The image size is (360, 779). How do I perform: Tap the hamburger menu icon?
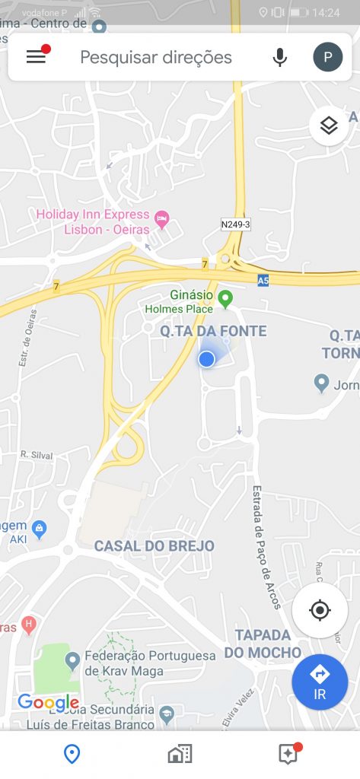[x=37, y=56]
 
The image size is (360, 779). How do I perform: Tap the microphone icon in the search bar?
[x=281, y=57]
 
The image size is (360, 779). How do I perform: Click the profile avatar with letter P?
[x=328, y=57]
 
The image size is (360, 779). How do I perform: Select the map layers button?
[x=329, y=126]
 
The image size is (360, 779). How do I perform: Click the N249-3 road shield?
[x=235, y=224]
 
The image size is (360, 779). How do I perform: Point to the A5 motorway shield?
[x=263, y=281]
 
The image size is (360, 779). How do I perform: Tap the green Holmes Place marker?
[x=225, y=299]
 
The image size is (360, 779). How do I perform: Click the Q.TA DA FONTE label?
[x=213, y=331]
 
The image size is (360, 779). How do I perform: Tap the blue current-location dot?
[x=206, y=359]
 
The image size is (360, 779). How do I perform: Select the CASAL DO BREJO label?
[x=155, y=546]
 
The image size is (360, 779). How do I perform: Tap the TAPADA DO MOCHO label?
[x=263, y=643]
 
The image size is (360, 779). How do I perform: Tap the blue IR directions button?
[x=320, y=682]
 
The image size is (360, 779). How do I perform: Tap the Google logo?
[x=48, y=702]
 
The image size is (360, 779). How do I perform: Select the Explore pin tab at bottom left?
[x=72, y=754]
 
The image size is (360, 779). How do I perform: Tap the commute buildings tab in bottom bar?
[x=180, y=754]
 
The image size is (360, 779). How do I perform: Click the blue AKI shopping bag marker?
[x=40, y=526]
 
